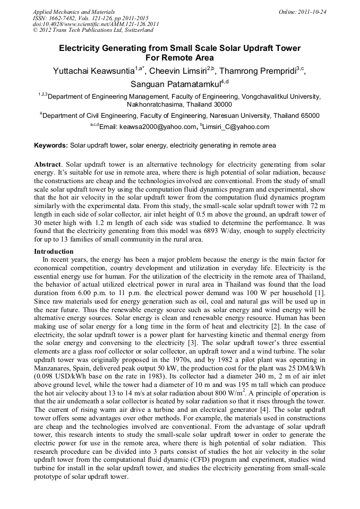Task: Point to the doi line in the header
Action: (96, 24)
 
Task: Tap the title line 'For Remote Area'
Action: (179, 57)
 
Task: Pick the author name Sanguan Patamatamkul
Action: (175, 84)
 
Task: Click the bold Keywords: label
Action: (51, 145)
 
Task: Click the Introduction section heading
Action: (54, 251)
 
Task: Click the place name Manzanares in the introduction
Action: (55, 367)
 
